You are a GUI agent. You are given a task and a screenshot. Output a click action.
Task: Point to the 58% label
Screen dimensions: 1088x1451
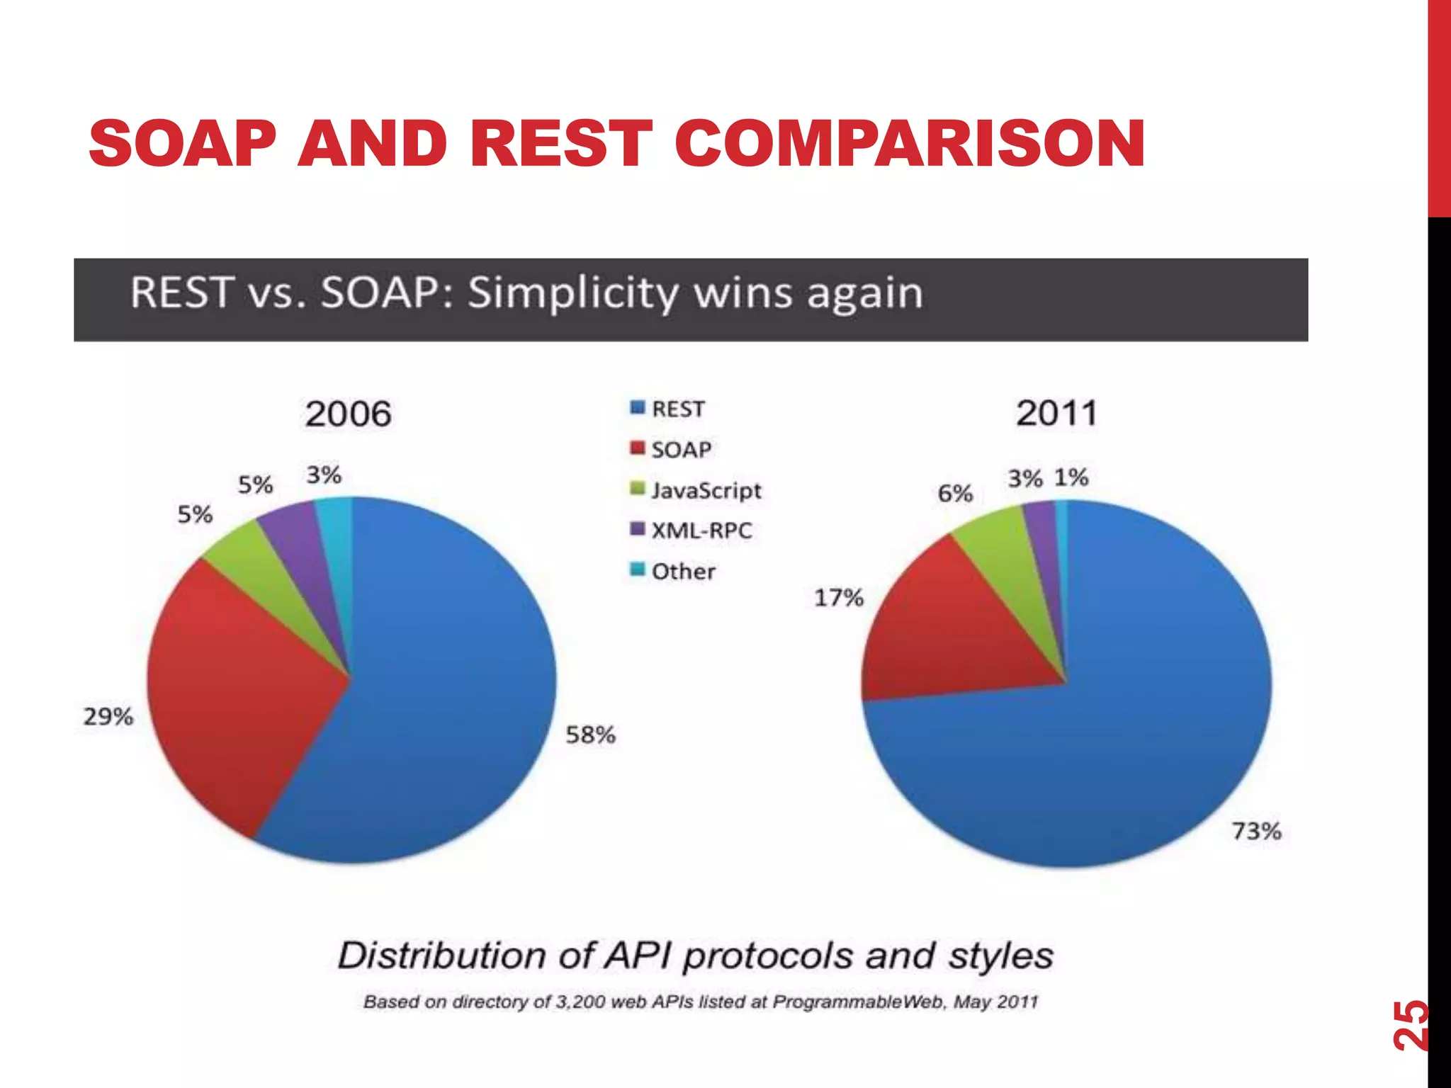pyautogui.click(x=590, y=735)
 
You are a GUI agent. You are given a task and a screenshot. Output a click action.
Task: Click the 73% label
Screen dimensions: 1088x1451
pyautogui.click(x=1256, y=831)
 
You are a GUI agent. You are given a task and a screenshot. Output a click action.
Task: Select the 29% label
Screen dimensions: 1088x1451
pyautogui.click(x=108, y=717)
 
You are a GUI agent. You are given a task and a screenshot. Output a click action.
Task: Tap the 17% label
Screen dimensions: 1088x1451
pyautogui.click(x=838, y=598)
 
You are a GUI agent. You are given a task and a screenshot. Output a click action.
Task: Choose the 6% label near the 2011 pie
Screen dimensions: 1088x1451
pyautogui.click(x=954, y=494)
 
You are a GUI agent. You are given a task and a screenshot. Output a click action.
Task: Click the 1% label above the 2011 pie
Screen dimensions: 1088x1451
pyautogui.click(x=1071, y=477)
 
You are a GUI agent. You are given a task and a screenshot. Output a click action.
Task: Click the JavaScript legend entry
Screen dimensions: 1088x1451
pyautogui.click(x=706, y=490)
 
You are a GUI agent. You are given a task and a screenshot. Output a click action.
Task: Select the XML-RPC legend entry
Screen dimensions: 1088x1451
pyautogui.click(x=701, y=531)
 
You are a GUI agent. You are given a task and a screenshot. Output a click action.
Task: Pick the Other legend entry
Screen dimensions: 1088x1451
pyautogui.click(x=683, y=571)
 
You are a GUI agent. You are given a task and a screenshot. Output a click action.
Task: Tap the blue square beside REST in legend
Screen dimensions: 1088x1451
pyautogui.click(x=637, y=408)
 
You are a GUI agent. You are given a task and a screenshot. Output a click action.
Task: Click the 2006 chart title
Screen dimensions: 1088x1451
pyautogui.click(x=348, y=414)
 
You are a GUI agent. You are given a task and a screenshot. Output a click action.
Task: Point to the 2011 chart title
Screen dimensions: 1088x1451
pyautogui.click(x=1056, y=413)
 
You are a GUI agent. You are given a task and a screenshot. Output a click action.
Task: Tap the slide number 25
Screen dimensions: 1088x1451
pyautogui.click(x=1410, y=1024)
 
